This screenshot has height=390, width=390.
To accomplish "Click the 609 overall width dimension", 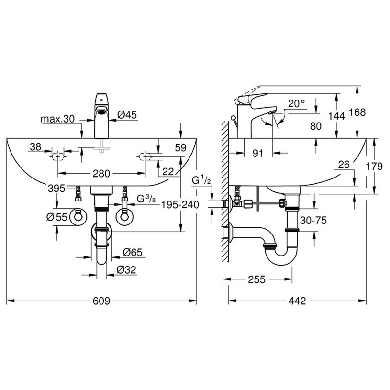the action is click(x=101, y=301).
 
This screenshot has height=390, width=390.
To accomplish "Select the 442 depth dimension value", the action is click(x=297, y=301).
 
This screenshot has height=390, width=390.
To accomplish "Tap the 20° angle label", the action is click(x=297, y=103).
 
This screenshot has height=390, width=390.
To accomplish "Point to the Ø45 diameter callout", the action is click(x=127, y=115).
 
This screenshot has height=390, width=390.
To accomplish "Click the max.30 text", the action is click(x=57, y=119).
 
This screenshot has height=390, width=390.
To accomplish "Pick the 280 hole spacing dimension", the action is click(x=101, y=174).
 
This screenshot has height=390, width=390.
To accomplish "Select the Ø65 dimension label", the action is click(x=133, y=253).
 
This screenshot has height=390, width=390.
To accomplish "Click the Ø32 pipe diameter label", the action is click(x=127, y=269).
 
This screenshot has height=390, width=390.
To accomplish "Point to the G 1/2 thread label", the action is click(x=201, y=179).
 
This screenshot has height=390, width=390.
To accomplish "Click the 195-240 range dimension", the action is click(x=180, y=205).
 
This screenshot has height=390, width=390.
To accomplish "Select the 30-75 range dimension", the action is click(x=313, y=221).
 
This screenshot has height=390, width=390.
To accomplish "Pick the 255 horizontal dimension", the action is click(x=256, y=279).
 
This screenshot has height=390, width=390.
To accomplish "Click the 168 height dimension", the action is click(x=357, y=112).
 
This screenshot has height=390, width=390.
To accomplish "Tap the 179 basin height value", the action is click(x=374, y=166).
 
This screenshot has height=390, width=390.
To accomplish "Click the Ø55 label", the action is click(x=57, y=217).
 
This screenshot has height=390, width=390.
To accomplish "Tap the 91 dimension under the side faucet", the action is click(x=257, y=154).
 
